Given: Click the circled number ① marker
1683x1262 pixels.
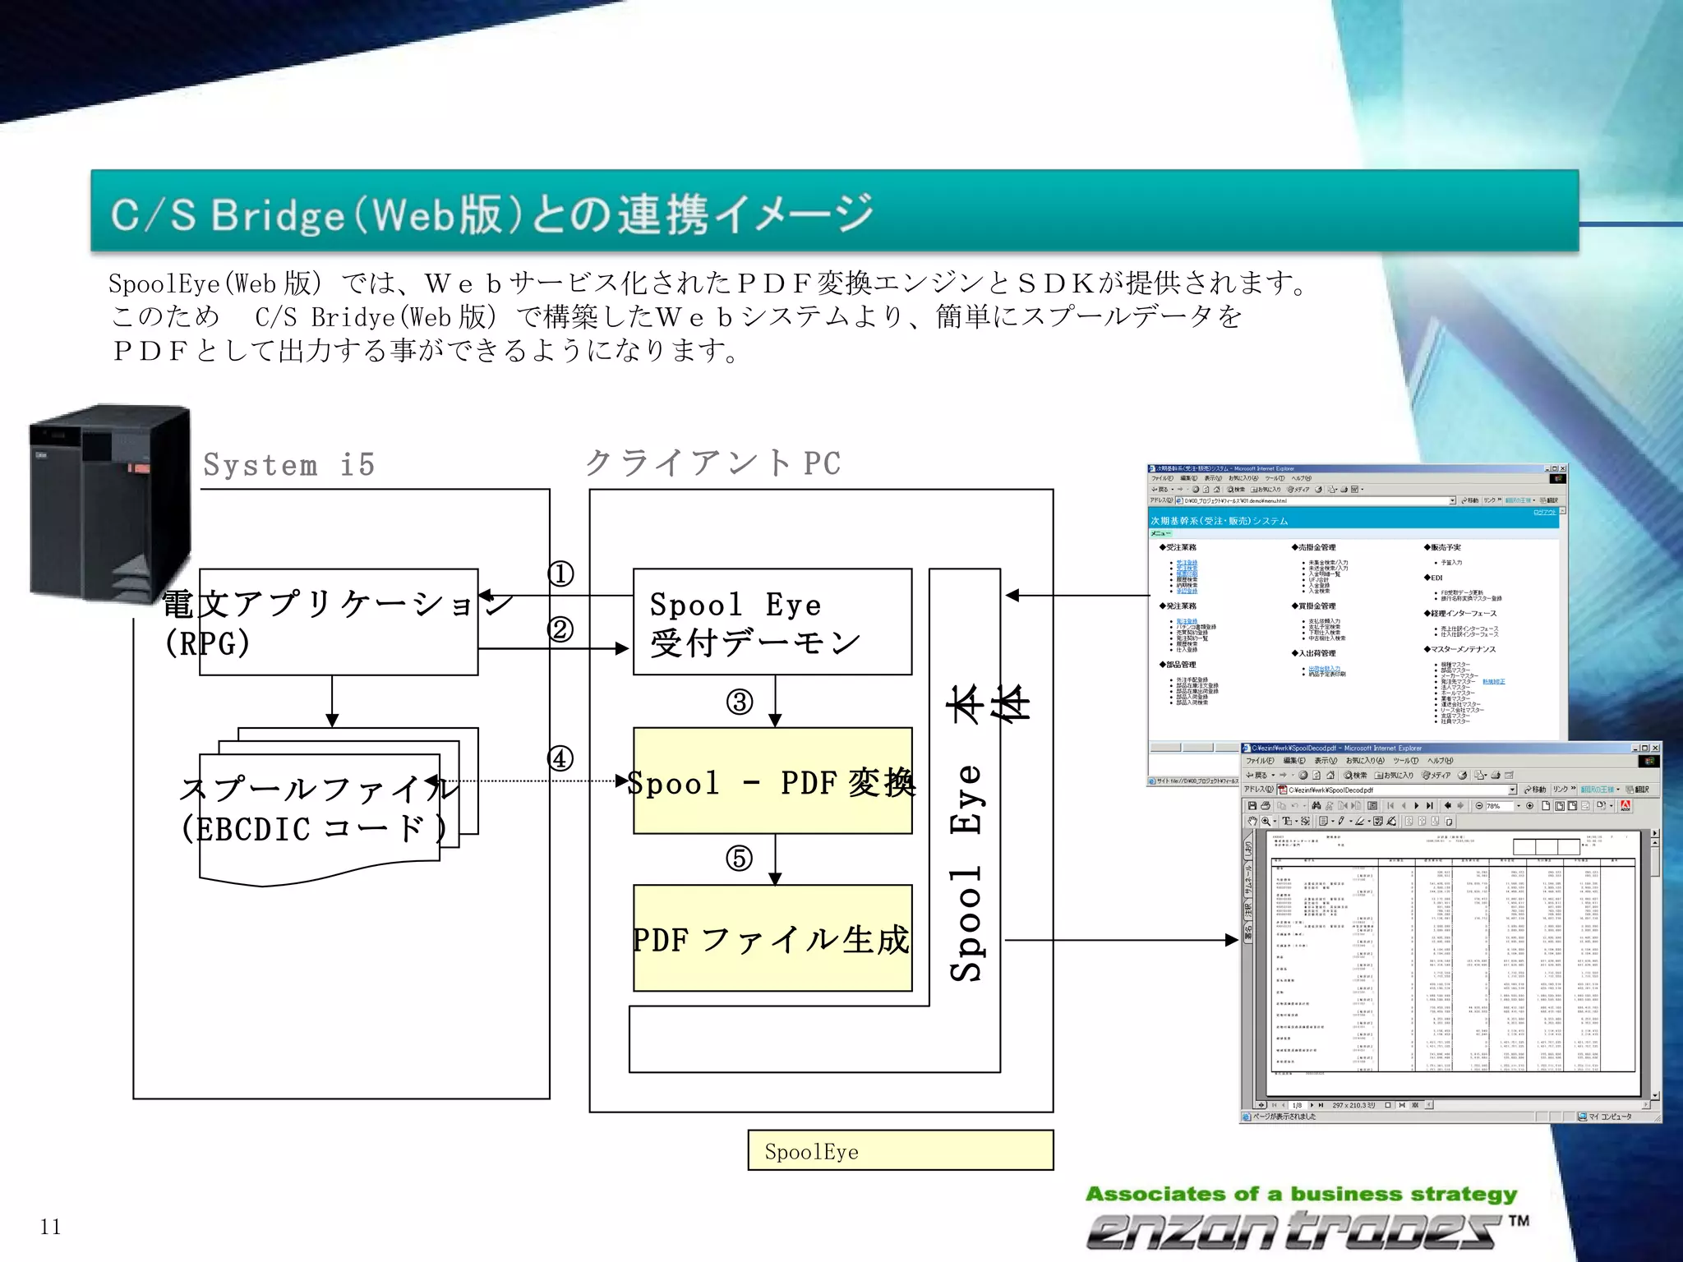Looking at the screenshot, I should [x=560, y=573].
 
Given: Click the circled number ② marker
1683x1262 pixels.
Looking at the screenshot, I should [x=560, y=629].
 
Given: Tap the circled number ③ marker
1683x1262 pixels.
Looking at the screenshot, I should [x=740, y=702].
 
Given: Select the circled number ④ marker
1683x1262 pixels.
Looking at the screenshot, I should [x=560, y=758].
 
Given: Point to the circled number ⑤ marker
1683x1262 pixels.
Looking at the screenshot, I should [x=740, y=859].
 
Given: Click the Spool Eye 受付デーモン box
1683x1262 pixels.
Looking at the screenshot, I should [x=772, y=622].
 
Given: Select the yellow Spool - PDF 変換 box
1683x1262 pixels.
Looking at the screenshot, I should [x=772, y=781].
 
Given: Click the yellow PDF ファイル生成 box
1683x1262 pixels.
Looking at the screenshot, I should [x=772, y=938].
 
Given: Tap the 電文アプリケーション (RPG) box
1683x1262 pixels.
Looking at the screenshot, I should [x=338, y=622].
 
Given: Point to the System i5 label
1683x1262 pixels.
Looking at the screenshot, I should [x=289, y=465].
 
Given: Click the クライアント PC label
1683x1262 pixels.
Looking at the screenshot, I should [x=713, y=463].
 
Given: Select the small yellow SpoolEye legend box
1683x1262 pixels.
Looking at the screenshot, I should [x=900, y=1150].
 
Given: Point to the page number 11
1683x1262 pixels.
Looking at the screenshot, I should [x=50, y=1227].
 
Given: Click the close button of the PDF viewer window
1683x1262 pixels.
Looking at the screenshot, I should [x=1655, y=748].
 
